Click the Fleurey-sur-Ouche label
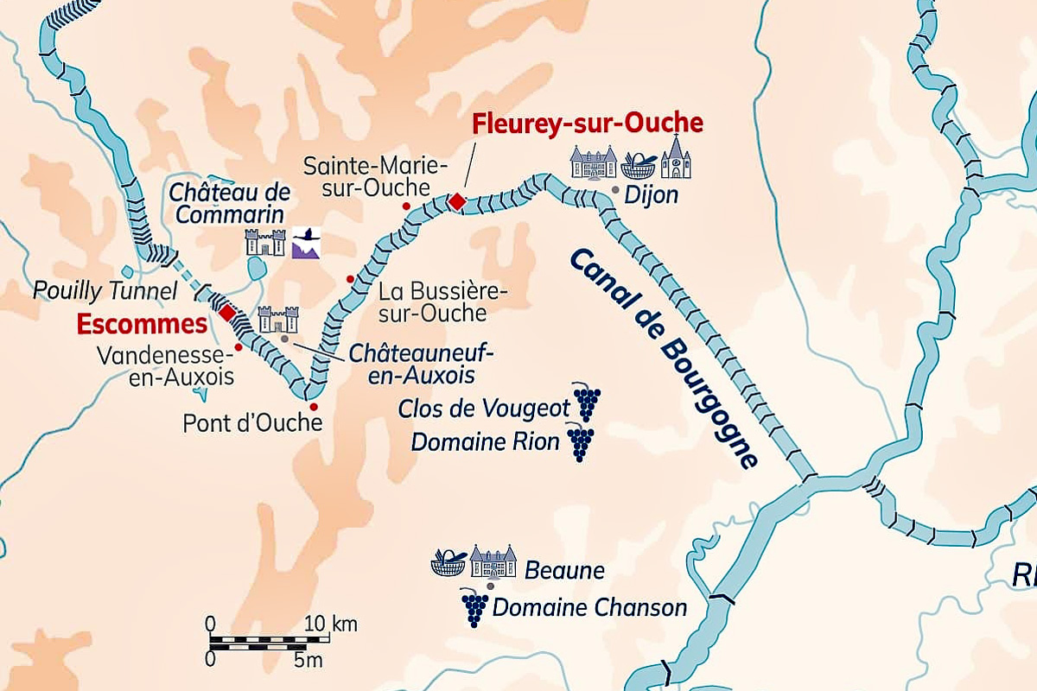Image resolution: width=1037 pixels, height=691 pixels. point(587,124)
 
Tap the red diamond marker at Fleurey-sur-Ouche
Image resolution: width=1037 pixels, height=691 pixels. point(456,201)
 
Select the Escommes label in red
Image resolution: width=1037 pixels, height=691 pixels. point(142,324)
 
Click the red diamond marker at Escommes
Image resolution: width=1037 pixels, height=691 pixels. point(226,312)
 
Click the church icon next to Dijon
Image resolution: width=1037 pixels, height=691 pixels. point(677,158)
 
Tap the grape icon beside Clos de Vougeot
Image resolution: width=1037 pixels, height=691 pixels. point(587,403)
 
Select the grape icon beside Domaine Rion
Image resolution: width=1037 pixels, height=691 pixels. point(580,442)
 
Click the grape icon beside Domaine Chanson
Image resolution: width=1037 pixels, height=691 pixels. point(474,607)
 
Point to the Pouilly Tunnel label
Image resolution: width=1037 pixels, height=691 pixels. point(105,290)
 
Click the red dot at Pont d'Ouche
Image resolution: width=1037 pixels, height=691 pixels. point(314,407)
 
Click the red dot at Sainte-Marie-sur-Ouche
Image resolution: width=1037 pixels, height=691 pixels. point(406,206)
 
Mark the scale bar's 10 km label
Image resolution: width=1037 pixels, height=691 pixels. point(331,624)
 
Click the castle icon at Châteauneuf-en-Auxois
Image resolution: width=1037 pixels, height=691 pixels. point(277,319)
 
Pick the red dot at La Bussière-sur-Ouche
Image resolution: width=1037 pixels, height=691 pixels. point(350,278)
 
